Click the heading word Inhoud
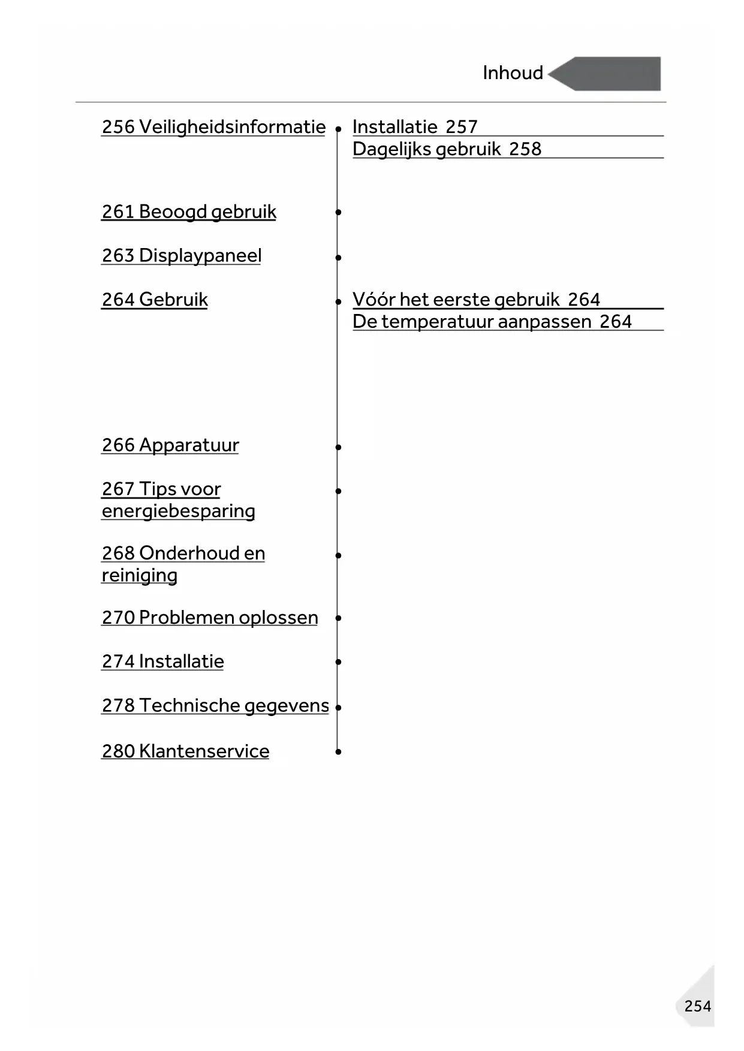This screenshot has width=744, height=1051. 513,73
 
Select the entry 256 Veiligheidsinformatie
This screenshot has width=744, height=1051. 213,127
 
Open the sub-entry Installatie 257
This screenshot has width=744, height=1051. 415,127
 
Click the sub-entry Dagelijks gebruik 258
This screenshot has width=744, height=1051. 447,149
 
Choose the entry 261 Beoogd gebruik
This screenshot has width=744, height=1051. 189,212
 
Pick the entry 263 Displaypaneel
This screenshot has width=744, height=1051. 182,255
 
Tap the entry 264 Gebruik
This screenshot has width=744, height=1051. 155,299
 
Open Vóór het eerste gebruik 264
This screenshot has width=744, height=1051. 476,299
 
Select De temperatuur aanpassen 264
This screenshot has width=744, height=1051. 492,321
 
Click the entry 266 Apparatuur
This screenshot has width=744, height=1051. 170,445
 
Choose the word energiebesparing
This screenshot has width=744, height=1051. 178,511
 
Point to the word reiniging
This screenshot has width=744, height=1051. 139,575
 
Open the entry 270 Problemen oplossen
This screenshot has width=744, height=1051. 210,617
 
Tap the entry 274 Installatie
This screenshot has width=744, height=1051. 162,661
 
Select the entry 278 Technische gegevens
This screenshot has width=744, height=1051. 215,705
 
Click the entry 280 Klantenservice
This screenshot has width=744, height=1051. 185,751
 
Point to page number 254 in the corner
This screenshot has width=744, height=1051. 697,1005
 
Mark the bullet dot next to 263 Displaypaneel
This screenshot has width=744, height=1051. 338,258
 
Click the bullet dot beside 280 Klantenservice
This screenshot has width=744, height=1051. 338,751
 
